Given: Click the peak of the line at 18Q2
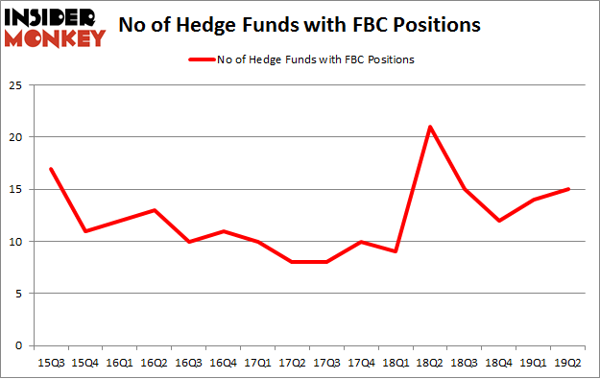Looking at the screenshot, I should pos(429,127).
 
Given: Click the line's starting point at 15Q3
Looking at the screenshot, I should pos(50,169).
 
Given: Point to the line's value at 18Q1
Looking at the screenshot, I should pos(396,251).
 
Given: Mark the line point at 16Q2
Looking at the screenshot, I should pos(154,210).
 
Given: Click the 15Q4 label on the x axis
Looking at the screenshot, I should pos(84,362).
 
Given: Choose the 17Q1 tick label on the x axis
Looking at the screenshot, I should pos(256,362).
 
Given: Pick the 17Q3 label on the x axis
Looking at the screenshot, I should pos(325,362).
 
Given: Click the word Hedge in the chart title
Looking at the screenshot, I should pos(223,25).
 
